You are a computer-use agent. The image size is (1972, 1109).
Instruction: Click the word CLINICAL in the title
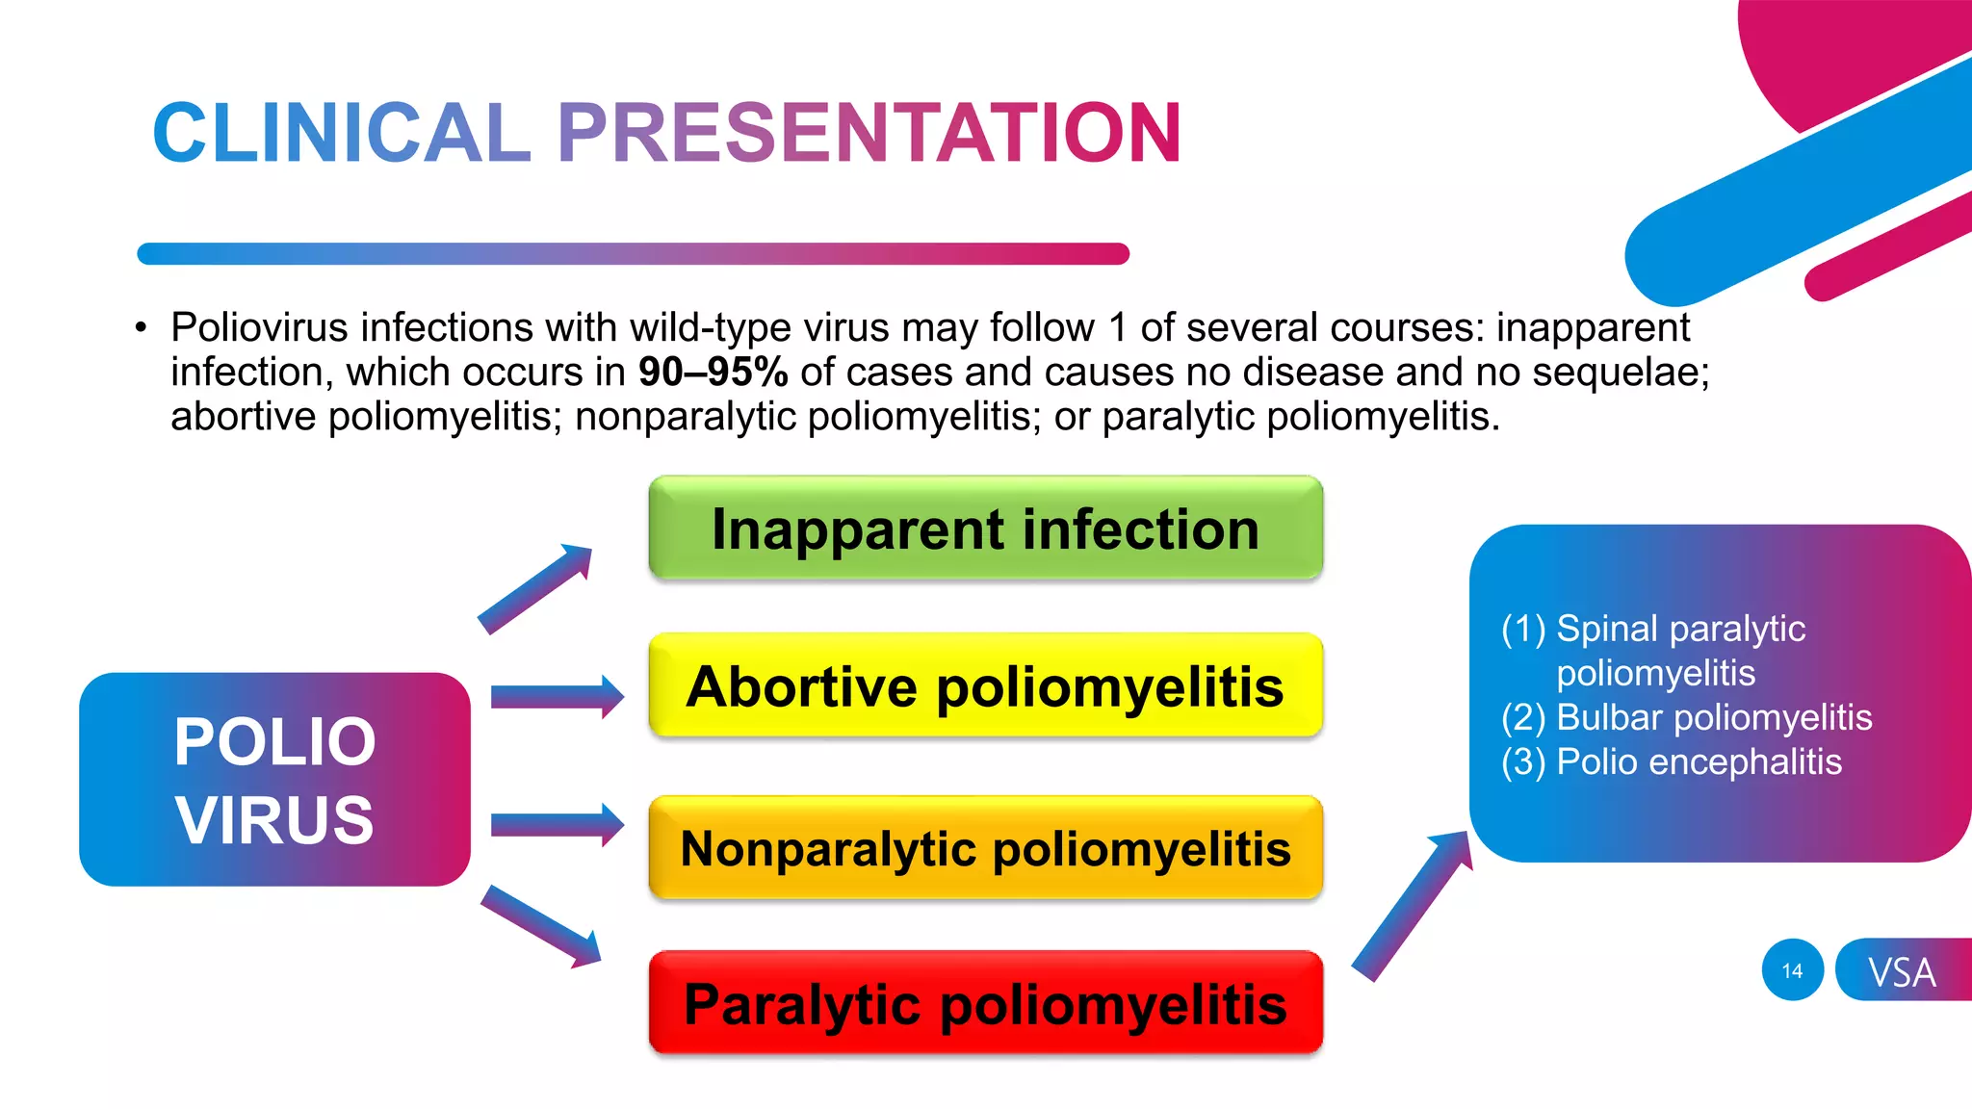[x=342, y=133]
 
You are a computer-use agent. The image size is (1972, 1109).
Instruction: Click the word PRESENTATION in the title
[x=869, y=133]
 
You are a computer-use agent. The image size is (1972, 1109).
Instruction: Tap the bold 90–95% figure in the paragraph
[x=713, y=372]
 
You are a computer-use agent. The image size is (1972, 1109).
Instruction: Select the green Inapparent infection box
[x=985, y=529]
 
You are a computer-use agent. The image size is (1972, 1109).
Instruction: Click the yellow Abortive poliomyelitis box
[x=985, y=686]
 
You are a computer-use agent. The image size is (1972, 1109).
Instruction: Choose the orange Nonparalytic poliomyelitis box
[x=985, y=848]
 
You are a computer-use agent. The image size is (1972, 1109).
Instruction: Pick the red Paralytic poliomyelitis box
[x=985, y=1004]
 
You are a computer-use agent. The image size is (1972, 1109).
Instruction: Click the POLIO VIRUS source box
[x=274, y=780]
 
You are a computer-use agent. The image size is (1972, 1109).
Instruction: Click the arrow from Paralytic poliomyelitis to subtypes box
[x=1412, y=905]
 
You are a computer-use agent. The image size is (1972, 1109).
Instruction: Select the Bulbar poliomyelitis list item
[x=1713, y=717]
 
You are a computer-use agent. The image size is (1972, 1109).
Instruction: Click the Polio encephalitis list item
[x=1699, y=761]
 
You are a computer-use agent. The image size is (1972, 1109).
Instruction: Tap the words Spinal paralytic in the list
[x=1680, y=629]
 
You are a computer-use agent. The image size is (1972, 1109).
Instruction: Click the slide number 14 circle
[x=1792, y=970]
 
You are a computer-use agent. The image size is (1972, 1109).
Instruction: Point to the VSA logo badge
[x=1902, y=970]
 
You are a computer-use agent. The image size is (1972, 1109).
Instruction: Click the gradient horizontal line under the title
[x=633, y=254]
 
